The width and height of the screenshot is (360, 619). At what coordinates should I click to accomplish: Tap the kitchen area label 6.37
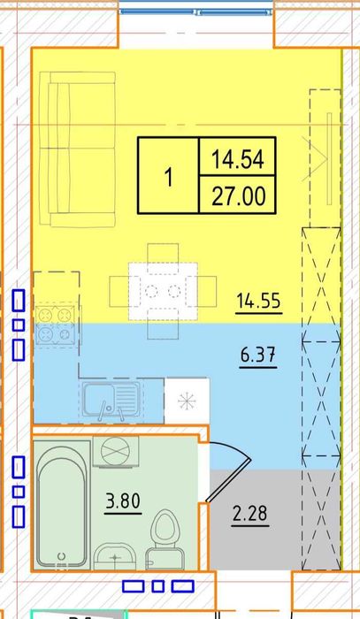[x=258, y=355]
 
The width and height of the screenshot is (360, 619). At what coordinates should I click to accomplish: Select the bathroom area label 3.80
[x=123, y=501]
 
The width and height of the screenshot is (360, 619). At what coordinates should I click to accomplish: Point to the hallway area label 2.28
[x=249, y=514]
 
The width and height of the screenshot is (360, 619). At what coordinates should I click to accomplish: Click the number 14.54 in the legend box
[x=238, y=160]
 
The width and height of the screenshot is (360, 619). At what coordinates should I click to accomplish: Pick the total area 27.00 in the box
[x=239, y=196]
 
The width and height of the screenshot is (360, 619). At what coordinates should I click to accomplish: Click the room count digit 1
[x=169, y=177]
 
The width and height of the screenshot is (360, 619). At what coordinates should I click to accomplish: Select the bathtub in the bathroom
[x=62, y=504]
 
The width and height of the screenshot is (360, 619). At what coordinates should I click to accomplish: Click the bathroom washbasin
[x=115, y=556]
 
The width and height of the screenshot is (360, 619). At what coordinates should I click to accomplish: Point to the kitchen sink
[x=111, y=400]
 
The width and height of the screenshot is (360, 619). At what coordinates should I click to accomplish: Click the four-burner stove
[x=55, y=325]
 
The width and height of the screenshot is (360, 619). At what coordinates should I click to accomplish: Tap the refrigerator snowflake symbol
[x=187, y=401]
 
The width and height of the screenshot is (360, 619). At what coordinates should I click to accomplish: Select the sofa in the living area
[x=77, y=149]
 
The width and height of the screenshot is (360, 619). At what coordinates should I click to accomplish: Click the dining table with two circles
[x=163, y=291]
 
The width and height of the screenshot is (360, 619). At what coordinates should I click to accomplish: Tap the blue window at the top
[x=196, y=11]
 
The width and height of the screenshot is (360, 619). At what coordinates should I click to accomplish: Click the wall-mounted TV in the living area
[x=329, y=158]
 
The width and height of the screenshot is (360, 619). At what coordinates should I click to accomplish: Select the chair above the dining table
[x=163, y=254]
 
